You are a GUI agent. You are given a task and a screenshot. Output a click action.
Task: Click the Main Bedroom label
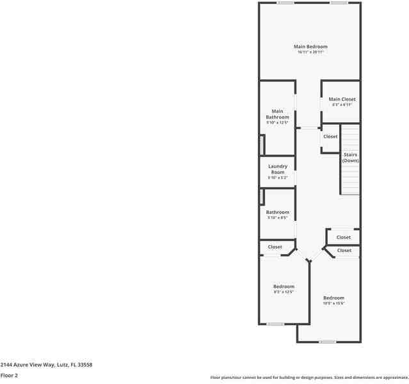point(310,47)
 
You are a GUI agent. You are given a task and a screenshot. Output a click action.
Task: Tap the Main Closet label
point(342,99)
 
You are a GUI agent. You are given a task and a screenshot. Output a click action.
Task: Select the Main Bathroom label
point(277,114)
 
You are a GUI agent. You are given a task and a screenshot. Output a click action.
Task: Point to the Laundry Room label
point(277,169)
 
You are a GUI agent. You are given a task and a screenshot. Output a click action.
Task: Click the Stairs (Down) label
point(350,157)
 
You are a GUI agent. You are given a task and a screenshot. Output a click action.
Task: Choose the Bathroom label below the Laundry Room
point(277,212)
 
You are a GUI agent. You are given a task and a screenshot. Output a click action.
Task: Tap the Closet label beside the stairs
point(330,136)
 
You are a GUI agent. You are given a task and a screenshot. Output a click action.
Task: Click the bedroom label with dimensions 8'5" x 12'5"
point(284,286)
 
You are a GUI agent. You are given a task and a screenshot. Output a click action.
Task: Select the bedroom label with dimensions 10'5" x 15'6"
point(333,298)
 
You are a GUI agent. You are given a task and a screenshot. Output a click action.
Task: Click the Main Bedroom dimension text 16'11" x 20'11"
point(310,52)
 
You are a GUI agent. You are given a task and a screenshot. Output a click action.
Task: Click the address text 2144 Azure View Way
point(46,364)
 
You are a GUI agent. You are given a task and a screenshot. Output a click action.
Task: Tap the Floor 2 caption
point(9,376)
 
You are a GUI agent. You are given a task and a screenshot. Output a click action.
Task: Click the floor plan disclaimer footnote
point(309,378)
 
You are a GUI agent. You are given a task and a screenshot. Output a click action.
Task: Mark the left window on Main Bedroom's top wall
point(285,3)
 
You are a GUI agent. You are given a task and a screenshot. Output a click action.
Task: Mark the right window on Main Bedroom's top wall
point(339,3)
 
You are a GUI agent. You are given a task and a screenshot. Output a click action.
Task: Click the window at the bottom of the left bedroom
point(275,324)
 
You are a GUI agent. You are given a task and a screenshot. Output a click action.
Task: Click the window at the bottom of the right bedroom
point(328,342)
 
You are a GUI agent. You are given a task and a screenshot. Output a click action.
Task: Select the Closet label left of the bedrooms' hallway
point(275,246)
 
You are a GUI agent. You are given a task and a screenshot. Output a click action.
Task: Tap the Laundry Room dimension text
point(277,178)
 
